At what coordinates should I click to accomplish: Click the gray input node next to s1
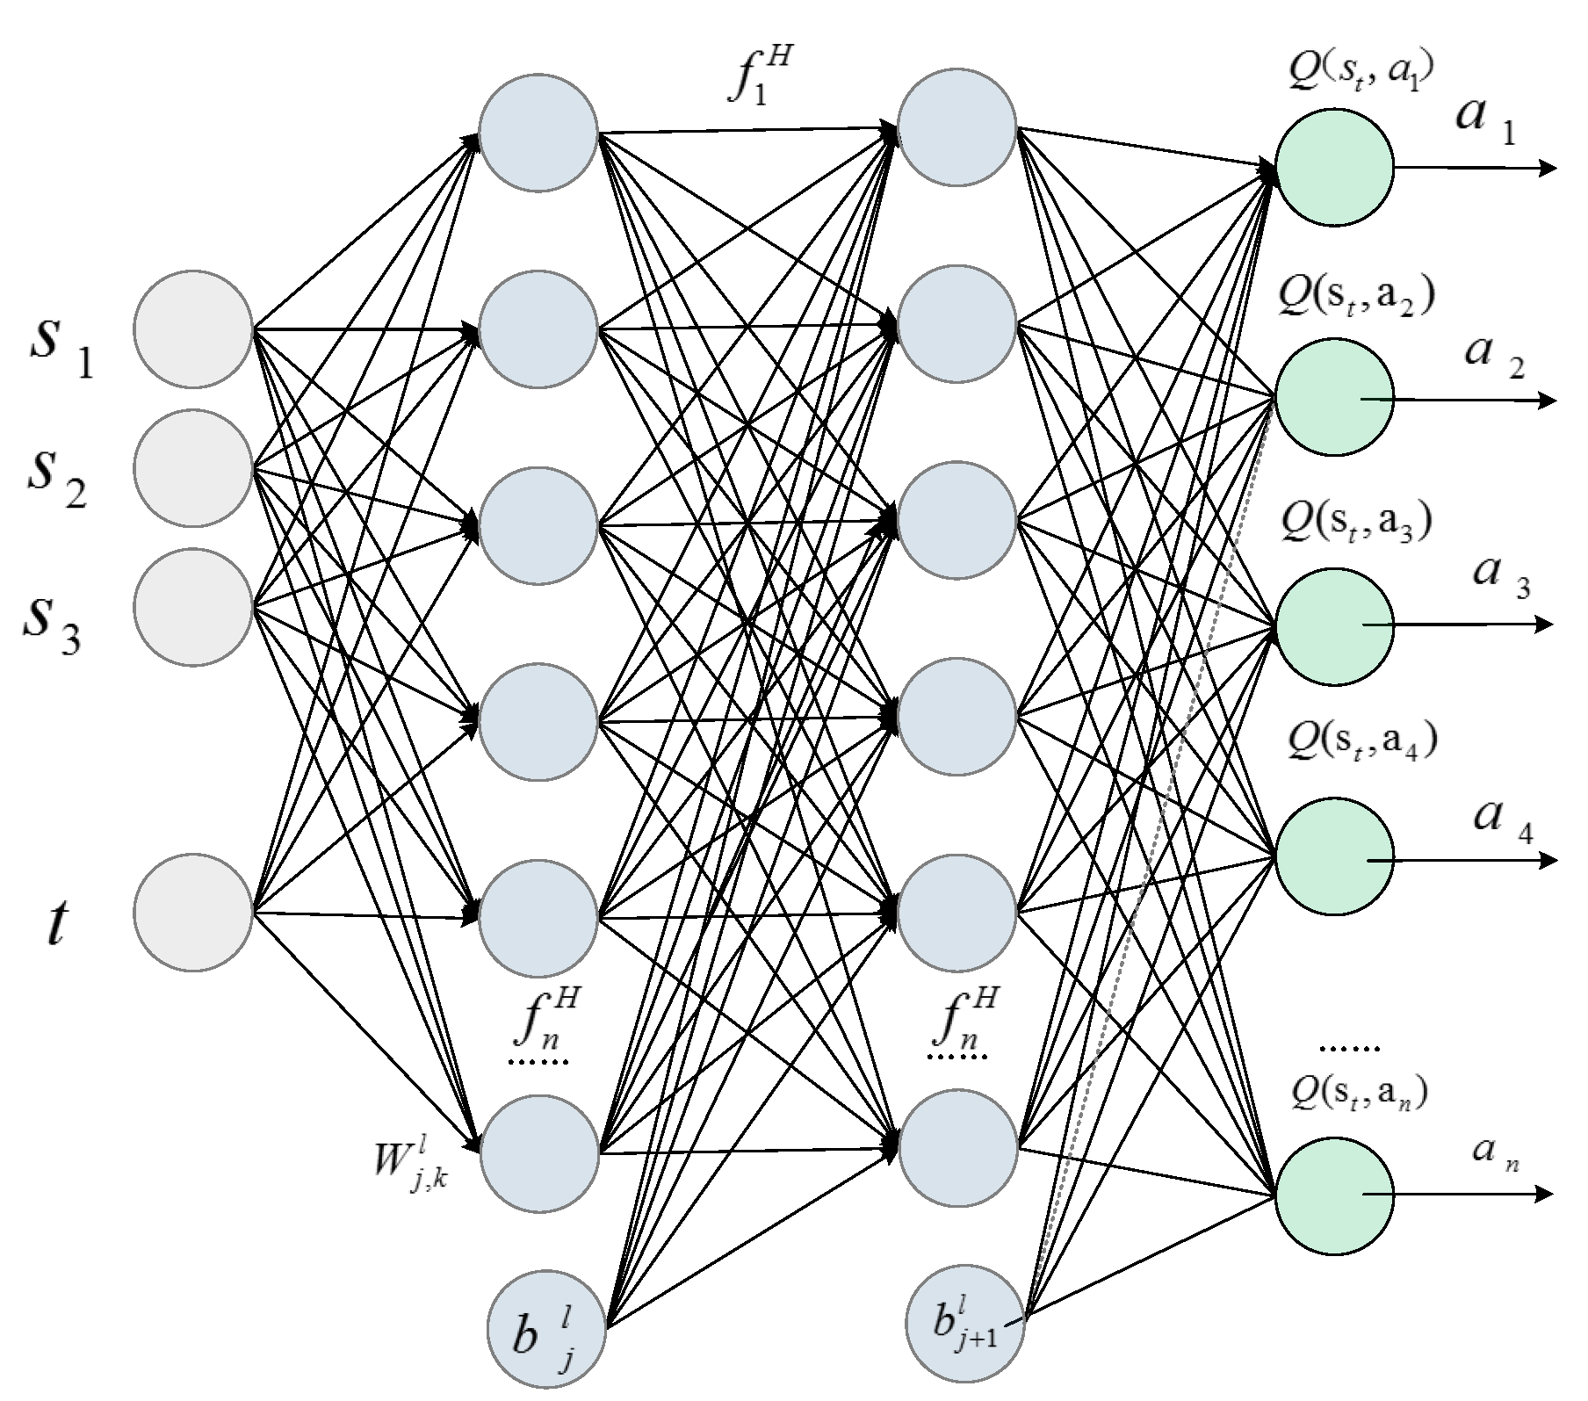[193, 329]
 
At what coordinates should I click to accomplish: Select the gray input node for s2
[193, 468]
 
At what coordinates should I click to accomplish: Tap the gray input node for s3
[193, 606]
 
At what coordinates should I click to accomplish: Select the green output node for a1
[1334, 167]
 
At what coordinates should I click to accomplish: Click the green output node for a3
[1334, 625]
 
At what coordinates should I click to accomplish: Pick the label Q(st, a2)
[1357, 299]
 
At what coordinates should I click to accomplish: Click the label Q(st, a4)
[1361, 742]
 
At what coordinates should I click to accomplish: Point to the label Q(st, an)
[1359, 1092]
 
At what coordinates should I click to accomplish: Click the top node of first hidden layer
[538, 134]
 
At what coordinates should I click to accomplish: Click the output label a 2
[1493, 356]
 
